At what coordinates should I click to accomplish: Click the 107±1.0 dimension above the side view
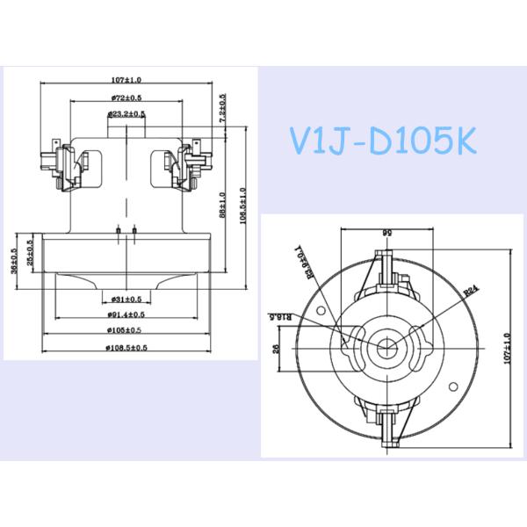click(128, 80)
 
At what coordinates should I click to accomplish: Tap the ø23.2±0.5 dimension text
click(127, 113)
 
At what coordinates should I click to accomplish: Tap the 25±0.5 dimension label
click(31, 254)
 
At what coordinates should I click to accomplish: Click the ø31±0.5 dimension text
click(128, 300)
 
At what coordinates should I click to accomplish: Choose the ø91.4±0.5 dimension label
click(128, 314)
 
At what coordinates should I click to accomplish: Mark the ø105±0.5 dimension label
click(128, 330)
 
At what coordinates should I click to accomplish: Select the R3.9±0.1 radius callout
click(297, 262)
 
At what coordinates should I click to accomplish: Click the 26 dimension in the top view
click(277, 347)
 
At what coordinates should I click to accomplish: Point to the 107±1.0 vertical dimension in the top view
click(506, 346)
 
